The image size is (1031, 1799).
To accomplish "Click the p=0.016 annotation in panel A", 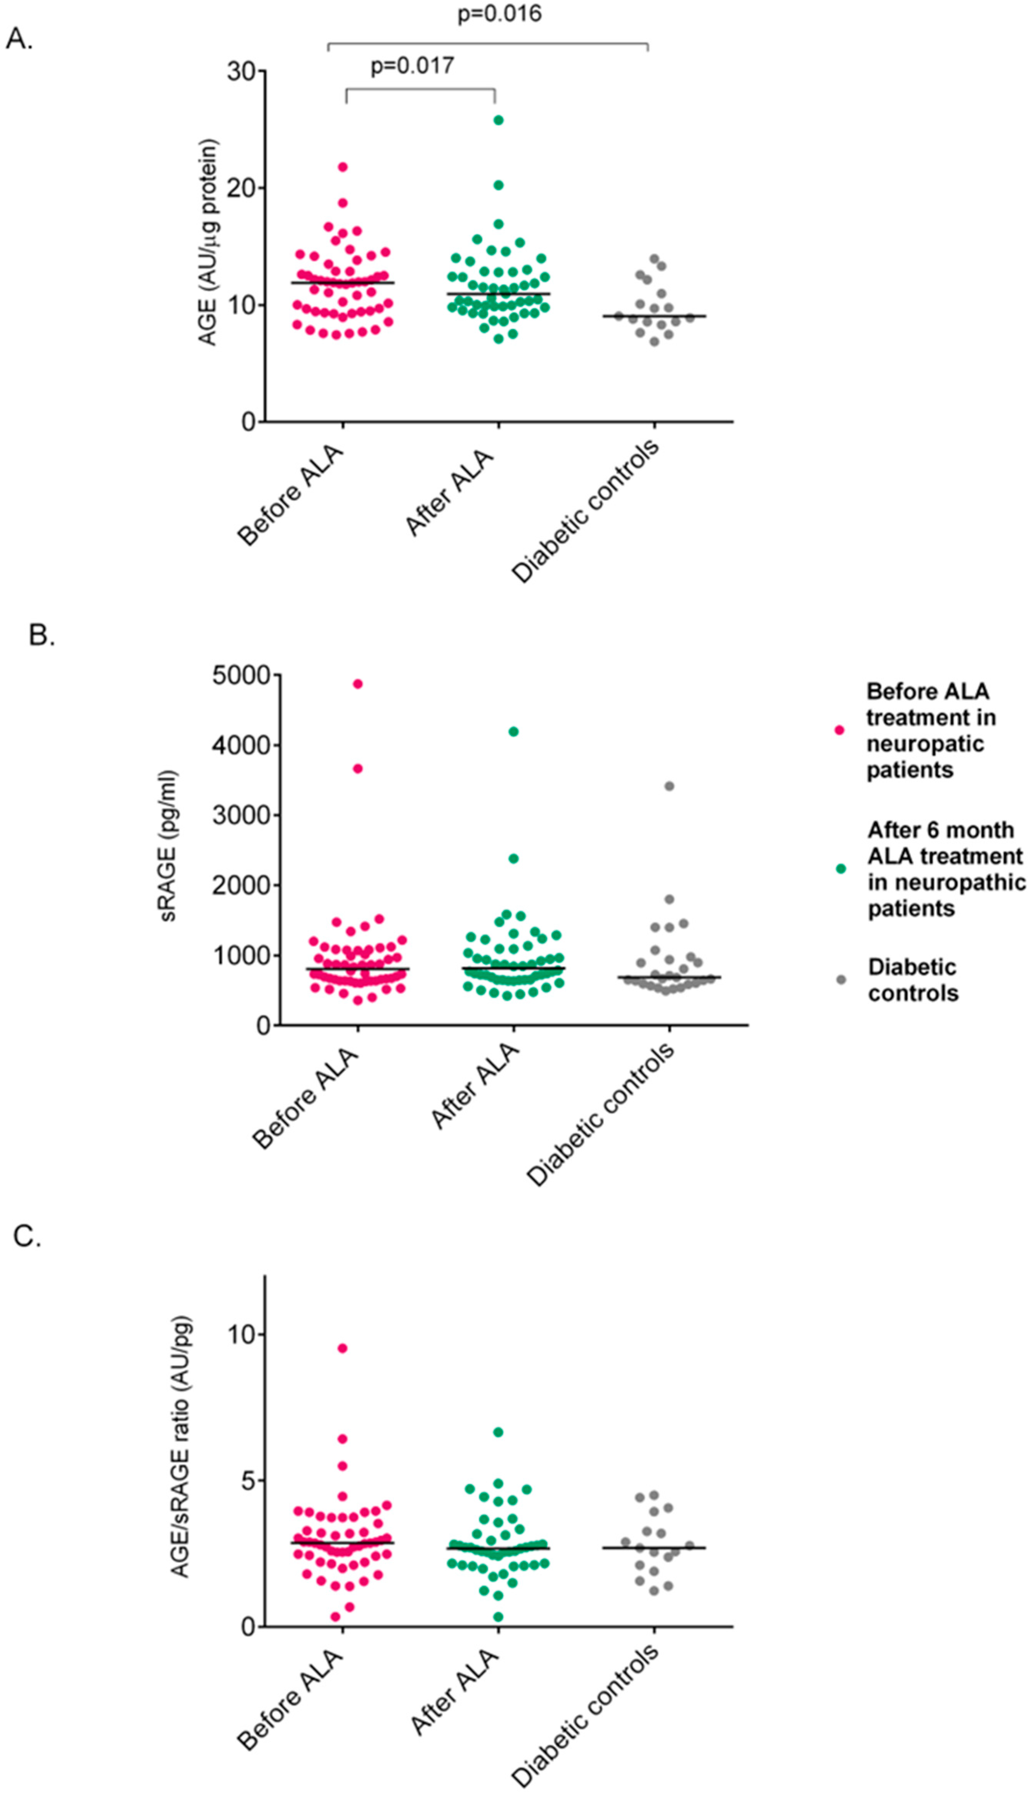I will (x=499, y=13).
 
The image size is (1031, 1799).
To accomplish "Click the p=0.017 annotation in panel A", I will (x=412, y=66).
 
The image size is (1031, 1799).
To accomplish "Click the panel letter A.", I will (x=19, y=40).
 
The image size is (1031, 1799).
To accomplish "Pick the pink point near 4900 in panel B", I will (x=358, y=684).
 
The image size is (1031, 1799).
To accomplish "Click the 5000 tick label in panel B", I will (x=242, y=675).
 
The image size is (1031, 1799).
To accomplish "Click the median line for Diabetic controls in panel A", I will (x=654, y=316).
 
